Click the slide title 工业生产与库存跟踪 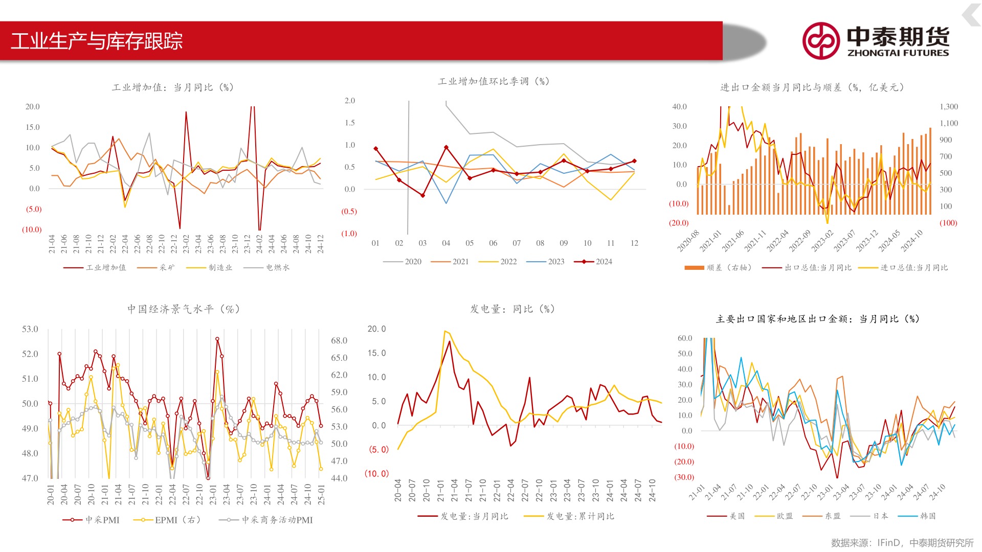(x=97, y=41)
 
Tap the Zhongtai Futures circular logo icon (x=820, y=41)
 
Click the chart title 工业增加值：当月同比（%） (x=173, y=87)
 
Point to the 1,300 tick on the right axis (x=949, y=106)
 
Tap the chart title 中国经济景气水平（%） (x=184, y=309)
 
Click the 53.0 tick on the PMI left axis (x=30, y=329)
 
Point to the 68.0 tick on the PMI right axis (x=339, y=340)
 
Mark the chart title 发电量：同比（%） (x=512, y=309)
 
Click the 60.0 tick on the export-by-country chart (x=685, y=338)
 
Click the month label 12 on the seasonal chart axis (x=634, y=243)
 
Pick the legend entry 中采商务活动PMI (x=277, y=520)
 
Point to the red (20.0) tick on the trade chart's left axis (x=679, y=223)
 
